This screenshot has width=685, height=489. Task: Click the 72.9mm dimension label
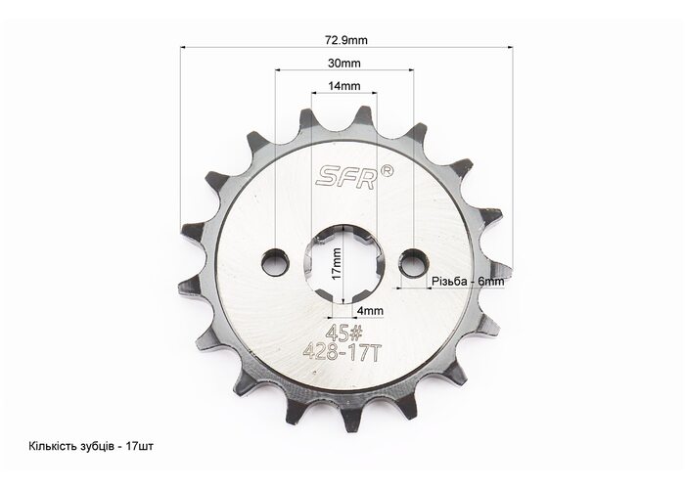coord(346,41)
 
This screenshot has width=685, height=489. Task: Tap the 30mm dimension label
coord(344,64)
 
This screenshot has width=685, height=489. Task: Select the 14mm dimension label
coord(344,86)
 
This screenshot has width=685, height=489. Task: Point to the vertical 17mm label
coord(336,264)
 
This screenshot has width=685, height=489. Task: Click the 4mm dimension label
coord(370,311)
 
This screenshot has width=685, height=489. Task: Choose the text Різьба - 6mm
coord(468,282)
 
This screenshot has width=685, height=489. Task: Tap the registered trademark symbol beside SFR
coord(388,171)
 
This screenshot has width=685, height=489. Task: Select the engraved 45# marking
coord(344,334)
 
